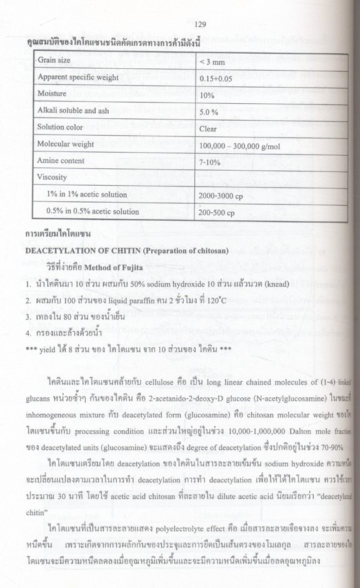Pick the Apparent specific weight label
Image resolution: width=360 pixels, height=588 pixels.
click(x=78, y=78)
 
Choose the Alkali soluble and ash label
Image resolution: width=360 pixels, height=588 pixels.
click(x=73, y=111)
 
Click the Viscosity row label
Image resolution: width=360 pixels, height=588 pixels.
click(x=52, y=177)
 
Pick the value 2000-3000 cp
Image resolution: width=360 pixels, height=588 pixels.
click(x=219, y=196)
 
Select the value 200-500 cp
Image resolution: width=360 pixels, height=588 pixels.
click(x=216, y=213)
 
